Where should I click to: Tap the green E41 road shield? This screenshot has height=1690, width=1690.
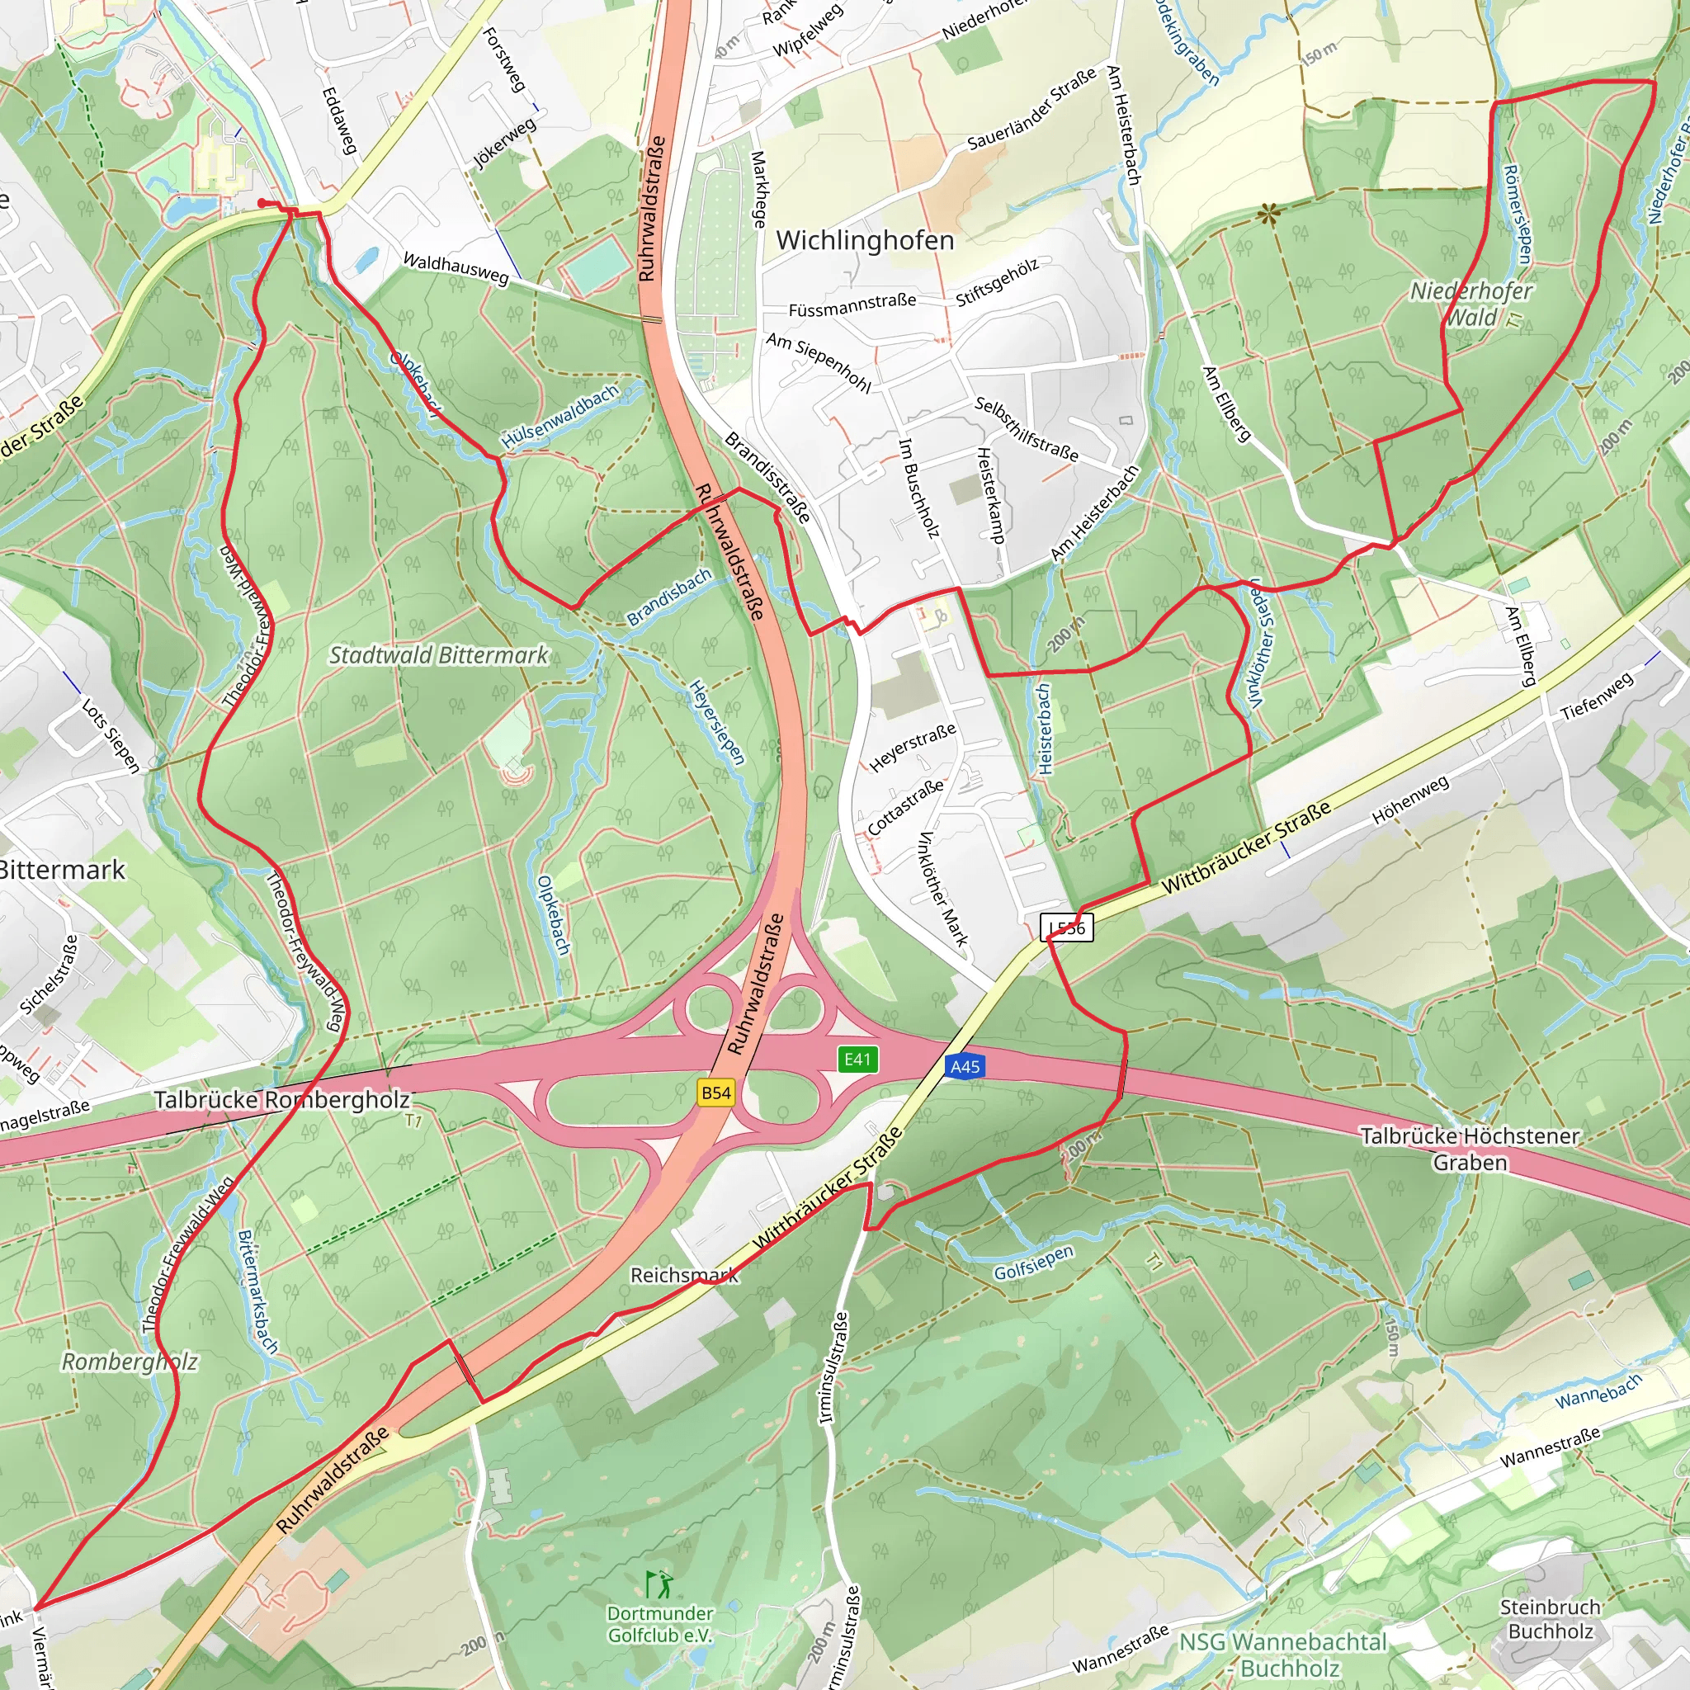[x=857, y=1060]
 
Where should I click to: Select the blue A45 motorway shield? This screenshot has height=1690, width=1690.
[x=965, y=1066]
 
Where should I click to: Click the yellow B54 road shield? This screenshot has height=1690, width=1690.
[x=715, y=1092]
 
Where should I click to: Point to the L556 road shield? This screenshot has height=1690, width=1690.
[x=1067, y=928]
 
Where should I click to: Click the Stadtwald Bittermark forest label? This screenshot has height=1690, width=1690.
[x=438, y=655]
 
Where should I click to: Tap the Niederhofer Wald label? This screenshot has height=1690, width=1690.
[x=1471, y=304]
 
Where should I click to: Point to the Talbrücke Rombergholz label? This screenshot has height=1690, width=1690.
[x=281, y=1099]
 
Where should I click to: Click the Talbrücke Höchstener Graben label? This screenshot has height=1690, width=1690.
[x=1470, y=1149]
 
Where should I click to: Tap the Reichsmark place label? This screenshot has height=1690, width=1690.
[x=684, y=1276]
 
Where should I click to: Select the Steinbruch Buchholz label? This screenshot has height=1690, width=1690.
[x=1550, y=1619]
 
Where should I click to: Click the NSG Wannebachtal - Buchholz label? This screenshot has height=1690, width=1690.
[x=1283, y=1655]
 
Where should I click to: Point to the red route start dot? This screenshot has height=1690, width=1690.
[x=262, y=203]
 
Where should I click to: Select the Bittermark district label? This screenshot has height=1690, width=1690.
[x=61, y=870]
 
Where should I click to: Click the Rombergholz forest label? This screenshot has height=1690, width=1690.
[x=130, y=1362]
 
